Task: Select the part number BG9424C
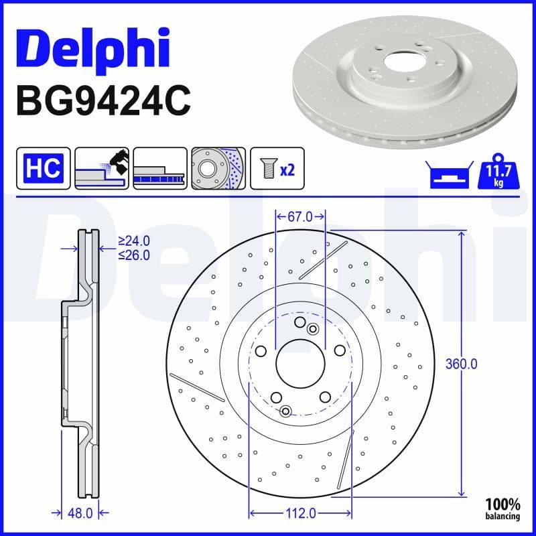tap(103, 101)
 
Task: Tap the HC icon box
tap(44, 168)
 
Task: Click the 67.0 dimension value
tap(300, 216)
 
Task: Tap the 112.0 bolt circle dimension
tap(300, 513)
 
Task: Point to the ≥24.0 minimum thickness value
tap(133, 241)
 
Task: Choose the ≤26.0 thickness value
tap(133, 255)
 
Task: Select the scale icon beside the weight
tap(446, 175)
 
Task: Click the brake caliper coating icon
tap(102, 168)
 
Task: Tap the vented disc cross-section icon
tap(159, 168)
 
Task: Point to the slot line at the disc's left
tap(197, 387)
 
